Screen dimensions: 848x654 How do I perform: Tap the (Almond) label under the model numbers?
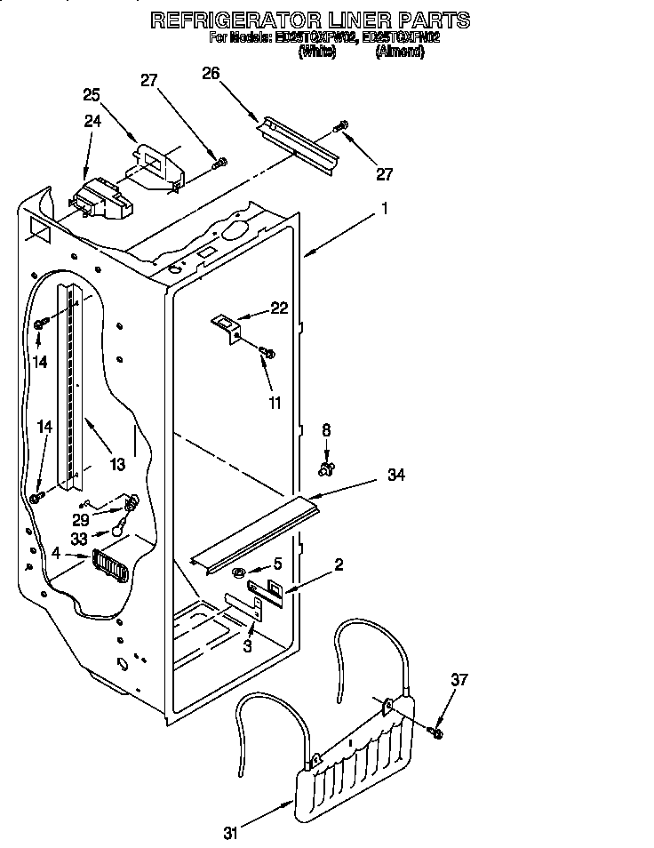pyautogui.click(x=399, y=52)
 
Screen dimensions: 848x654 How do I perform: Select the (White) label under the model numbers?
pyautogui.click(x=316, y=52)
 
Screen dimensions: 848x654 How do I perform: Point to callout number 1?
pyautogui.click(x=385, y=209)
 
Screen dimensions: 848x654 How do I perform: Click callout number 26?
pyautogui.click(x=211, y=74)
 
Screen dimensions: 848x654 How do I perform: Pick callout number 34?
pyautogui.click(x=396, y=476)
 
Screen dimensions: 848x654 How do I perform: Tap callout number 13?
pyautogui.click(x=116, y=464)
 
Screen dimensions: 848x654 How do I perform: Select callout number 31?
pyautogui.click(x=231, y=833)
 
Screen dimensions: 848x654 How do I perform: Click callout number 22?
pyautogui.click(x=279, y=308)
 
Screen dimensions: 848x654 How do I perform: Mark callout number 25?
pyautogui.click(x=92, y=95)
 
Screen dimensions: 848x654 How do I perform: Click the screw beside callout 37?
pyautogui.click(x=436, y=732)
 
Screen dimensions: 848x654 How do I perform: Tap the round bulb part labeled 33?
pyautogui.click(x=116, y=532)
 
